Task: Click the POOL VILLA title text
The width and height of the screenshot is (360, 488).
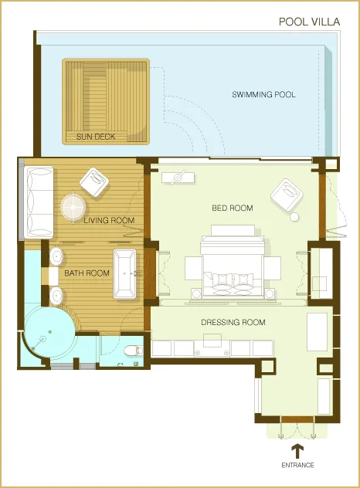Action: pos(309,22)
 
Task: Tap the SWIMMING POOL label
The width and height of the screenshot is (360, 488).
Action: pos(264,95)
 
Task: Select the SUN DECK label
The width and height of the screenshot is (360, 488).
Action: pos(95,137)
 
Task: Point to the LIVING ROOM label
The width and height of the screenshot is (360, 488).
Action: pos(109,221)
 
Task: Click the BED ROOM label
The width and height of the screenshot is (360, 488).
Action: pos(233,208)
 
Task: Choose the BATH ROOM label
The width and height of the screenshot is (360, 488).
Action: pos(87,273)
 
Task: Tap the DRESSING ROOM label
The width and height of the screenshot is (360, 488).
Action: pos(233,323)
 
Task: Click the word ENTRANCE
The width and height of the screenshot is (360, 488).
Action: pos(297,466)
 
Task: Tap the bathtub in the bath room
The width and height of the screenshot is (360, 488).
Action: pos(124,273)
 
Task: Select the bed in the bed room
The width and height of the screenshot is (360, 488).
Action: pos(232,266)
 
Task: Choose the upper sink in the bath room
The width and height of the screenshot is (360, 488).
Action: pos(56,256)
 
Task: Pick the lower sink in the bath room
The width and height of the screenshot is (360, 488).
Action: pos(56,294)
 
